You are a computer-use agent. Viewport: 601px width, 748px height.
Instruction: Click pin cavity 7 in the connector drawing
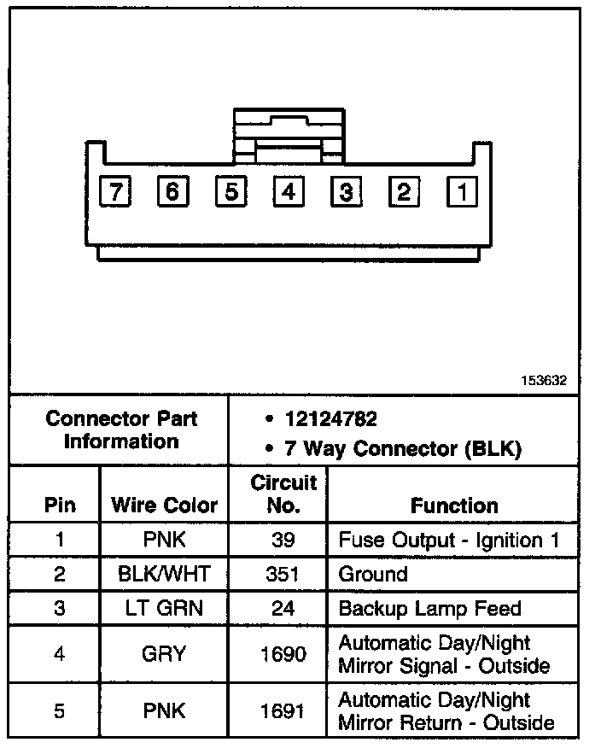coord(114,191)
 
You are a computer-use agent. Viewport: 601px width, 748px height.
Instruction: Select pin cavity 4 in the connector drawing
coord(289,191)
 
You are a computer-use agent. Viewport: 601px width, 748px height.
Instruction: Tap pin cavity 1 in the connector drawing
coord(463,191)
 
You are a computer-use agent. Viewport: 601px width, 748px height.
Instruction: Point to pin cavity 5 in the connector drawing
coord(230,191)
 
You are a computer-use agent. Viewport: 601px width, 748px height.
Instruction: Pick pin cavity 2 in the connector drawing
coord(405,191)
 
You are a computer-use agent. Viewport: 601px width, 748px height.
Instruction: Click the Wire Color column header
coord(164,505)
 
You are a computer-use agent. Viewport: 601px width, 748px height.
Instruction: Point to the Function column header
coord(454,505)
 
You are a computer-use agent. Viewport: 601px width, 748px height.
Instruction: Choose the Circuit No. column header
coord(283,494)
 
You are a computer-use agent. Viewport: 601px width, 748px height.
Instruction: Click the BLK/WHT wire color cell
coord(164,574)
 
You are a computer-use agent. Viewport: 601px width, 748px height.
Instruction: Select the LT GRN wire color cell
coord(164,608)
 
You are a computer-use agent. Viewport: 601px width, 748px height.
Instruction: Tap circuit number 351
coord(283,574)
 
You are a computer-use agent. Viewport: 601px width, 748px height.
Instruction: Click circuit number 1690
coord(283,654)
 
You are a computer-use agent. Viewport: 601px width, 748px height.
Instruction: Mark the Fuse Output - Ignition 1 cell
coord(452,541)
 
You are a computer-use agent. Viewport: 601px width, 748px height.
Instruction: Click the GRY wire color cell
coord(164,654)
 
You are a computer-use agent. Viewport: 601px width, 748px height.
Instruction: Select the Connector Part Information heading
coord(120,430)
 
